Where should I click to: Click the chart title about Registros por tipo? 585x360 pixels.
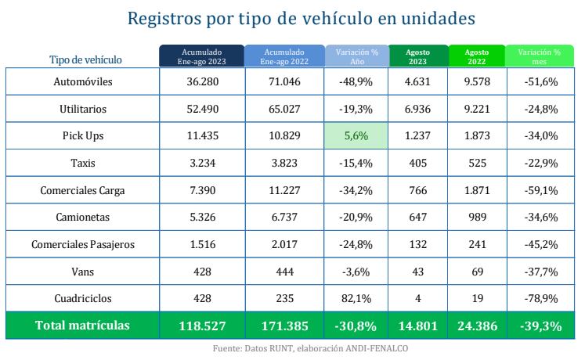click(x=292, y=17)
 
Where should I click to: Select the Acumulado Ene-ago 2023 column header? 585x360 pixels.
click(x=201, y=56)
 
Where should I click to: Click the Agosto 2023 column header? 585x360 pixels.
click(x=417, y=56)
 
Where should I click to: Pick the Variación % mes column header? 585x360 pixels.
click(x=540, y=56)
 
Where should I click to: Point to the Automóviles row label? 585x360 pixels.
click(x=83, y=81)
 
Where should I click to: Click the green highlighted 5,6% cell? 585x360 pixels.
click(x=357, y=135)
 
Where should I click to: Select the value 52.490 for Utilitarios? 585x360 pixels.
click(x=201, y=109)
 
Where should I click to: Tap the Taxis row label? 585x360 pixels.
click(x=83, y=163)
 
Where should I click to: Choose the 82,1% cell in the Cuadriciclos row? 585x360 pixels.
click(x=357, y=298)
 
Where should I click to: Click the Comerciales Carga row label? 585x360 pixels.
click(x=83, y=190)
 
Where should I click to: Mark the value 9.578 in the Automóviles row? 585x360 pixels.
click(x=477, y=81)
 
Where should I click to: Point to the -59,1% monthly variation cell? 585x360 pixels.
click(x=540, y=190)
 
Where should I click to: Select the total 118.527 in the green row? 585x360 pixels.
click(x=201, y=326)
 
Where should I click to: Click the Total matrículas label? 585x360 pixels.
click(x=83, y=326)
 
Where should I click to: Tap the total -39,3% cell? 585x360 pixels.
click(x=540, y=326)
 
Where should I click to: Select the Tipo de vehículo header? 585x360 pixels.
click(x=85, y=59)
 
